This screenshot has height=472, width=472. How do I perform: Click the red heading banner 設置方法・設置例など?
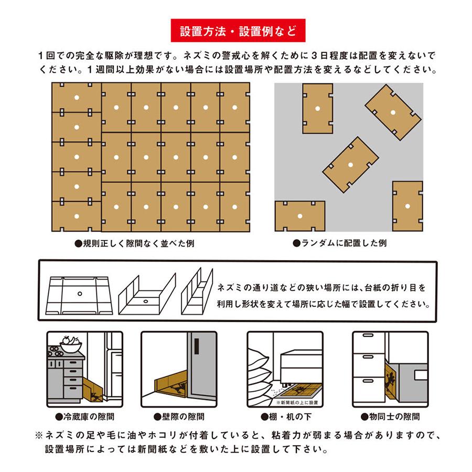[x=238, y=30]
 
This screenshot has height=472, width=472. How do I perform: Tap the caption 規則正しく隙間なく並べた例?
[x=135, y=243]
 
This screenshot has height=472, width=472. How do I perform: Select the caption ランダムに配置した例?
[x=340, y=243]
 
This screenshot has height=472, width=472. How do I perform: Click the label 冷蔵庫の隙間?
[x=85, y=416]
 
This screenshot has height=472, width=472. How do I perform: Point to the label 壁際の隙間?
[x=179, y=416]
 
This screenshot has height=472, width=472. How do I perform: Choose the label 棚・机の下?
[x=286, y=416]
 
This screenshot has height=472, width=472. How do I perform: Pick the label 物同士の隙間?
[x=390, y=416]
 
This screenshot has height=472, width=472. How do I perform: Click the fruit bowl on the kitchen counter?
[x=71, y=345]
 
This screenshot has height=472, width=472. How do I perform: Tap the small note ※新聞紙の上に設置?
[x=297, y=402]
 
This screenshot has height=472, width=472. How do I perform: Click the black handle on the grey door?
[x=197, y=346]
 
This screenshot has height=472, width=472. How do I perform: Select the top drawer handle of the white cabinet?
[x=368, y=335]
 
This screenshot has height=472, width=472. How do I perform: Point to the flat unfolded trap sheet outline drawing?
[x=79, y=296]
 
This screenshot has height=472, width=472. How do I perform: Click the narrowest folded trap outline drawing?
[x=197, y=291]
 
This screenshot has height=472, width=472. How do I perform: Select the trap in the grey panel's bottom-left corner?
[x=300, y=216]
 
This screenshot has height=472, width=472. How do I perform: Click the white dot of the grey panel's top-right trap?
[x=393, y=113]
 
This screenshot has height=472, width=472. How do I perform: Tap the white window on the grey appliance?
[x=421, y=375]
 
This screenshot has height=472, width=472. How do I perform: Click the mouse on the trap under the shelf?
[x=299, y=391]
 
